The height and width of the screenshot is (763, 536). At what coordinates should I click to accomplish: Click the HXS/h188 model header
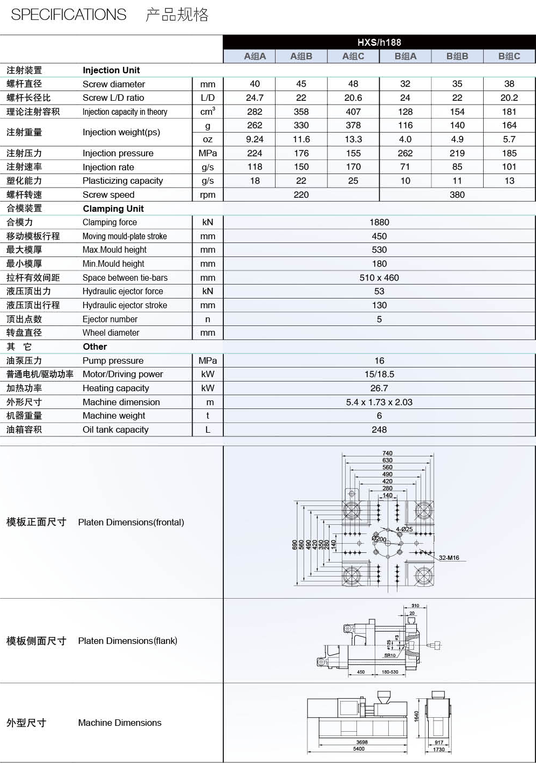pos(379,43)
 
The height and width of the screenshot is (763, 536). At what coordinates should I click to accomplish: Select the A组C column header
pos(353,56)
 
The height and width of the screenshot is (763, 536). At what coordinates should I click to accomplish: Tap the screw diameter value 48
pos(353,84)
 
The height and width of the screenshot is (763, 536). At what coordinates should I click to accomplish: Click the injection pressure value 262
pos(405,153)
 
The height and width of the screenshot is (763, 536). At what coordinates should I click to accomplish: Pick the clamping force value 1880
pos(379,223)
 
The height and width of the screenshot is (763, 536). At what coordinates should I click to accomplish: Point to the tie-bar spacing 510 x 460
pos(379,278)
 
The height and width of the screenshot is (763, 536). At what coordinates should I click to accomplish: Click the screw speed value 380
pos(457,195)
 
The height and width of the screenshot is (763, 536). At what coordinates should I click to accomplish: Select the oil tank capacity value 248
pos(379,429)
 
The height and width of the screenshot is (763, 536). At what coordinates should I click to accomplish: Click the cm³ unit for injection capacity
pos(208,112)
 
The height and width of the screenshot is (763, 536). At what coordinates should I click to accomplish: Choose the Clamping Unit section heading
pos(113,209)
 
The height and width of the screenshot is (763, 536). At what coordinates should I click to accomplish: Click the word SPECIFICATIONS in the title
pos(68,15)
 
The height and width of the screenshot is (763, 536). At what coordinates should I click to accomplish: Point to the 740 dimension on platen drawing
pos(387,453)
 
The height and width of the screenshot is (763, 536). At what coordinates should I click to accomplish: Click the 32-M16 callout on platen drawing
pos(449,558)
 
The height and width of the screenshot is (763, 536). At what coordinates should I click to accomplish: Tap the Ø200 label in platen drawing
pos(379,538)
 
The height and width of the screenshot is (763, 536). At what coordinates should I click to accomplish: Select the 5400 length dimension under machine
pos(359,749)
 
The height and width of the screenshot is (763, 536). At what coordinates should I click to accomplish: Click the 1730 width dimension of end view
pos(439,750)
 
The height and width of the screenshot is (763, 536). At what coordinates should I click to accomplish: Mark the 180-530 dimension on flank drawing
pos(390,672)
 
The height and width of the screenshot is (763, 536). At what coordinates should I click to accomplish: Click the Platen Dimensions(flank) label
pos(127,641)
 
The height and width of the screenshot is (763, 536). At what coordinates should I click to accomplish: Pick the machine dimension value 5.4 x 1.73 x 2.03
pos(379,402)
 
